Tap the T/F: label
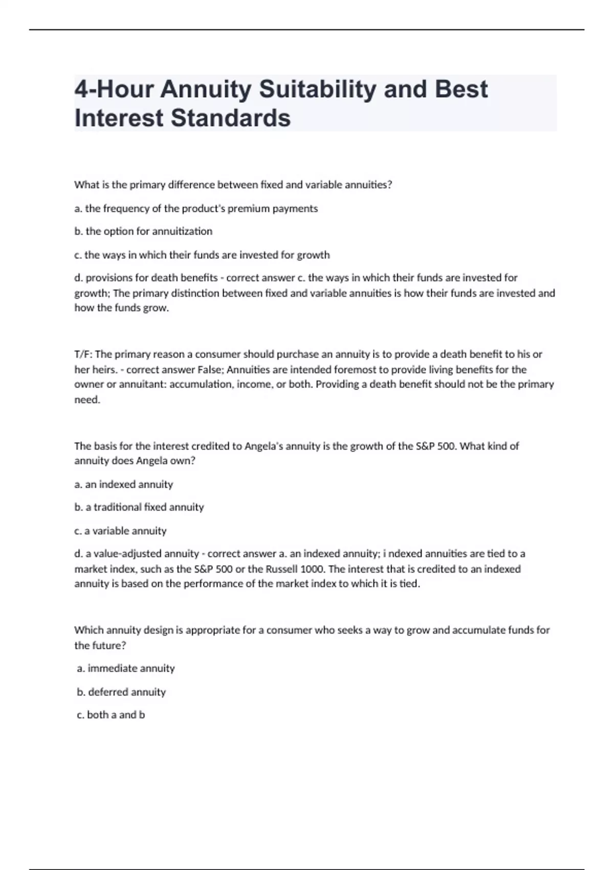[83, 354]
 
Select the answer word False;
[211, 369]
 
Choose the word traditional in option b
[118, 507]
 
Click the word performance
[198, 584]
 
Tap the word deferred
[106, 692]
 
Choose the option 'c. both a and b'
[111, 715]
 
